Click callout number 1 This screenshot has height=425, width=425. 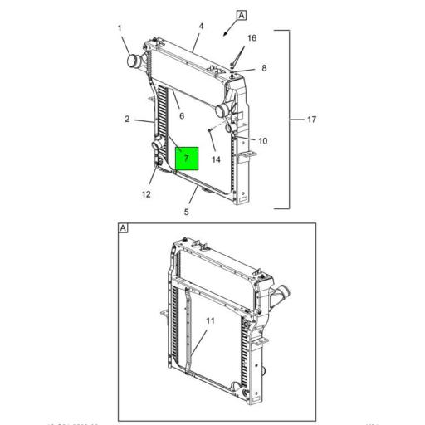point(120,29)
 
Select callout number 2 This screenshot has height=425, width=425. point(128,120)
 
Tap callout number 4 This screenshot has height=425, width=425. point(201,27)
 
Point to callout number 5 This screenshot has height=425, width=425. point(187,212)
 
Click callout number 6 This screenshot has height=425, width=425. point(182,115)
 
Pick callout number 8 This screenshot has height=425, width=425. point(264,68)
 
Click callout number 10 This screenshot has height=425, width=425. point(263,141)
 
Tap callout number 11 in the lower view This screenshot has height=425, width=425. point(210,320)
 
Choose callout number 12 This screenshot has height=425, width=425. point(146,196)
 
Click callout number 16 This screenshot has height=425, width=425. point(252,38)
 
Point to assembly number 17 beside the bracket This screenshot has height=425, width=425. point(311,120)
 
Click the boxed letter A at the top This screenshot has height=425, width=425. point(242,15)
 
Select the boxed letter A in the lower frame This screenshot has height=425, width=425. point(123,228)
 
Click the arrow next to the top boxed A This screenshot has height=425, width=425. point(225,32)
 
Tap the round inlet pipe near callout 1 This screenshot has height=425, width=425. point(133,61)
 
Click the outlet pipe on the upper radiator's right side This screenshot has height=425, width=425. point(222,110)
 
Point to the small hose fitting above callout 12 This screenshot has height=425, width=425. point(155,149)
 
